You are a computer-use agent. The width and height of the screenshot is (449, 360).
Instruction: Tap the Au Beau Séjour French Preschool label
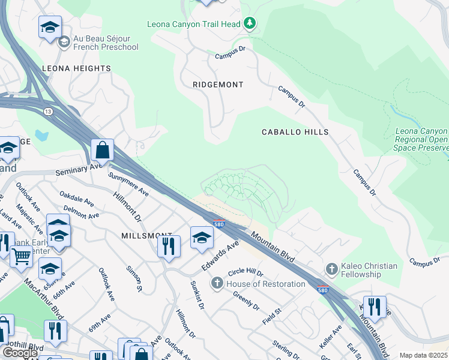coord(106,42)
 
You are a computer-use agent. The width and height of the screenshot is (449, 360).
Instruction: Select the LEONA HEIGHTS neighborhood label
coord(76,68)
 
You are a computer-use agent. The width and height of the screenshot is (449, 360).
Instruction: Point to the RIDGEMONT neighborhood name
coord(218,85)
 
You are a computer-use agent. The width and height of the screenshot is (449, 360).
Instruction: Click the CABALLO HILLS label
coord(295,131)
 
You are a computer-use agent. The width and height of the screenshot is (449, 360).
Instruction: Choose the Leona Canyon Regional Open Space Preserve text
coord(422,139)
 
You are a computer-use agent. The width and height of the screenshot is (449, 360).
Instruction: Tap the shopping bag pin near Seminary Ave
coord(103,151)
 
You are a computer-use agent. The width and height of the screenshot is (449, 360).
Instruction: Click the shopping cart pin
coord(21,256)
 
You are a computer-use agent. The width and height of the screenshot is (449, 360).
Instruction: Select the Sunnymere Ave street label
coord(128,184)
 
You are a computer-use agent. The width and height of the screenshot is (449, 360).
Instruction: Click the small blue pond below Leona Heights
coord(41,135)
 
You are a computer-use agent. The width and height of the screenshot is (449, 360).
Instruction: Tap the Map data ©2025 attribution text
coord(423,355)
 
